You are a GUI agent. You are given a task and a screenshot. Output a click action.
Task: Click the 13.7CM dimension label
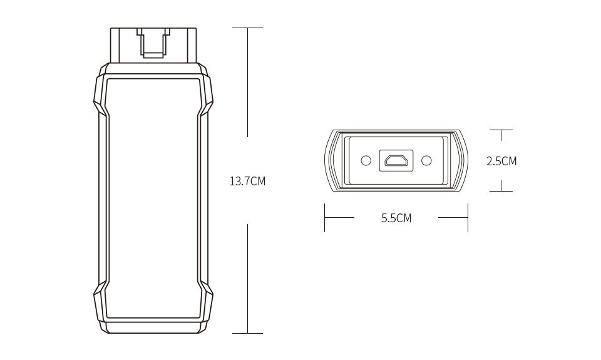pyautogui.click(x=247, y=182)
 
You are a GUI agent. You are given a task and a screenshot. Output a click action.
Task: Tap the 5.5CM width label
pyautogui.click(x=396, y=218)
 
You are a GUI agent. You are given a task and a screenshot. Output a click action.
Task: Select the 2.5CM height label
pyautogui.click(x=501, y=161)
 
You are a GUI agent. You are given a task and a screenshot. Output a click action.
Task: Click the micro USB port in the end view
pyautogui.click(x=396, y=161)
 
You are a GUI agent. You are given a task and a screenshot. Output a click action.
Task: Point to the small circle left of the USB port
pyautogui.click(x=366, y=161)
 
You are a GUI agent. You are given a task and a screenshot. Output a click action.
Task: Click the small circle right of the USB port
pyautogui.click(x=427, y=161)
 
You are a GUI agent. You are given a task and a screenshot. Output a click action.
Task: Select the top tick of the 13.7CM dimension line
pyautogui.click(x=247, y=28)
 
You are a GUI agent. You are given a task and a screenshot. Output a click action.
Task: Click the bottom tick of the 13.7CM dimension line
pyautogui.click(x=247, y=333)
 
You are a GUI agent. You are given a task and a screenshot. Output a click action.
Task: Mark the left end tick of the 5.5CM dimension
pyautogui.click(x=324, y=218)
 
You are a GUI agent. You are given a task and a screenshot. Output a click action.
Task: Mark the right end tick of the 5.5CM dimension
pyautogui.click(x=468, y=218)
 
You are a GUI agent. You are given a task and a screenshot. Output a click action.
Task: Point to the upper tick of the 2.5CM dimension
pyautogui.click(x=501, y=130)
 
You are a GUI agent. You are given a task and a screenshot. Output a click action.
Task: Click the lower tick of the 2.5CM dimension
pyautogui.click(x=501, y=191)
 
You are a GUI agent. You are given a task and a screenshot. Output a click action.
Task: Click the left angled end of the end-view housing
pyautogui.click(x=331, y=160)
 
